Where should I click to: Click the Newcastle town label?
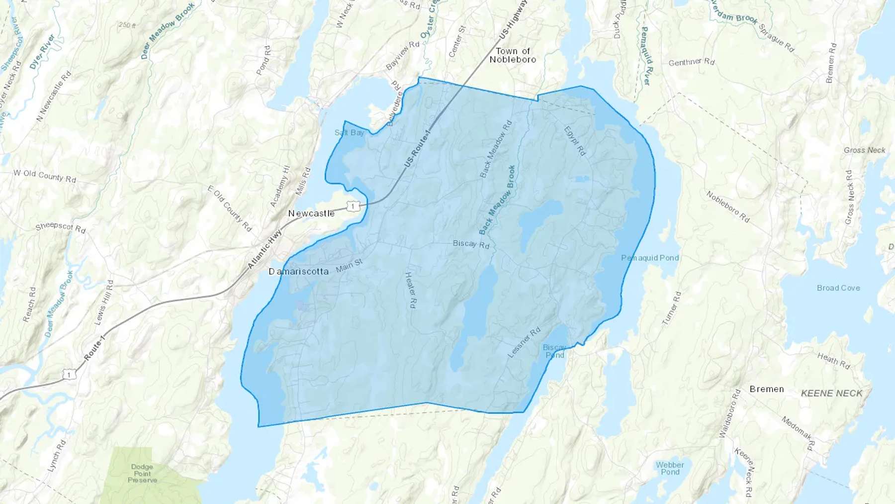point(311,213)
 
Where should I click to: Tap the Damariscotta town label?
point(298,271)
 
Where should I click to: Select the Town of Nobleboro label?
point(513,55)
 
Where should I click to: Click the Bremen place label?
point(766,389)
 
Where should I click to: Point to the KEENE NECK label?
point(831,393)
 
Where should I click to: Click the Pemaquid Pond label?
point(649,258)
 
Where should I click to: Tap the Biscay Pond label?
point(554,351)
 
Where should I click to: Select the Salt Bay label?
point(349,132)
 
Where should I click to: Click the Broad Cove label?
point(838,288)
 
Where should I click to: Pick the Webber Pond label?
point(670,468)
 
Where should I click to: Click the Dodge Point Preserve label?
point(142,473)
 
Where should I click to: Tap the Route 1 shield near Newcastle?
point(353,206)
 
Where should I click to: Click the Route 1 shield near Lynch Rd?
point(70,374)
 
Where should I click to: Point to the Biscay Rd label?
point(471,244)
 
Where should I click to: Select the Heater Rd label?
point(410,290)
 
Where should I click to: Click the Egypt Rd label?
point(574,141)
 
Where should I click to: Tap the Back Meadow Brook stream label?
point(497,199)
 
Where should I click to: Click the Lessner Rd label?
point(524,342)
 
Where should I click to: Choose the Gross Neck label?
point(864,150)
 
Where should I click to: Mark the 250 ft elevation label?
point(127,25)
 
